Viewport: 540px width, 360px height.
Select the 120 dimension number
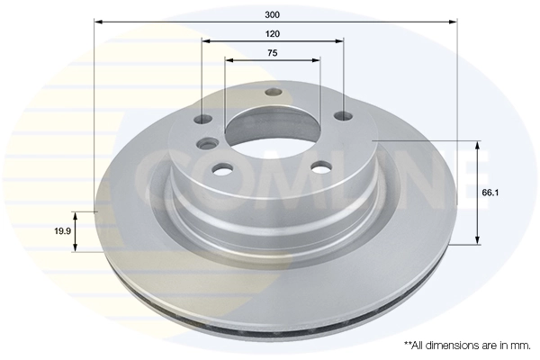[273, 33]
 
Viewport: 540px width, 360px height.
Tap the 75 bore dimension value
[272, 53]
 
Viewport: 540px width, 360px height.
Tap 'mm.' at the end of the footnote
[521, 345]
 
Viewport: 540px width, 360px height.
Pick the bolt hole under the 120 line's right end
[342, 115]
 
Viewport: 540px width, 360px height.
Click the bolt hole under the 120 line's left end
[203, 119]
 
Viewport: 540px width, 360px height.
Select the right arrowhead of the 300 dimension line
[453, 21]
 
